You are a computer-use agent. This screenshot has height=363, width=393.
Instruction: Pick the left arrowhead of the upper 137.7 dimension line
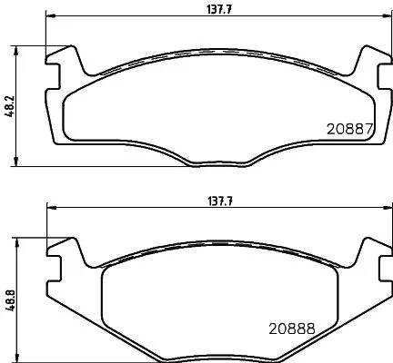(50, 16)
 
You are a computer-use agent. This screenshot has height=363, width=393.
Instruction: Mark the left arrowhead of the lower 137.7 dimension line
(50, 207)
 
